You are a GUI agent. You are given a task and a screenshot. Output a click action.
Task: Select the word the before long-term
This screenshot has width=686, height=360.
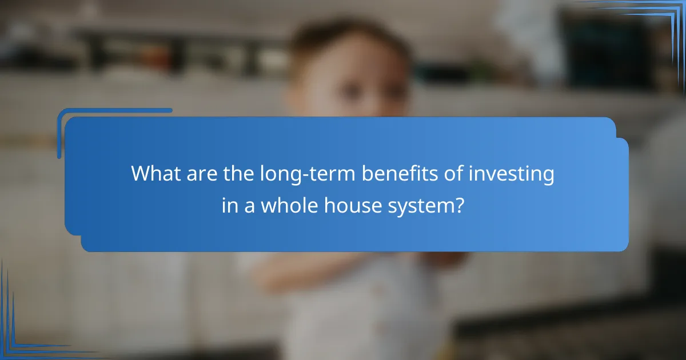pos(234,174)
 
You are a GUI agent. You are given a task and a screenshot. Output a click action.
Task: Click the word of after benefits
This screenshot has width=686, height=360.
pos(449,174)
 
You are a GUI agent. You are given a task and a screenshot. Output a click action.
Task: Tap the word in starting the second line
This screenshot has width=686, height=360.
pos(229,206)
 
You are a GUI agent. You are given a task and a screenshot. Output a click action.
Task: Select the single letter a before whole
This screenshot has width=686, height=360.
pos(249,207)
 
